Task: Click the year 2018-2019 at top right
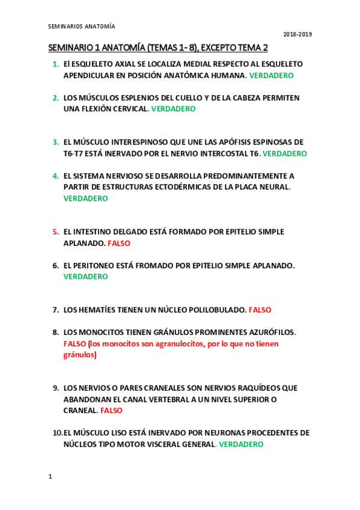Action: click(297, 34)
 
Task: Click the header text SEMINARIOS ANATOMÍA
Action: click(81, 26)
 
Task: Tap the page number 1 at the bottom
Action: click(50, 476)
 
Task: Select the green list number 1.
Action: click(55, 64)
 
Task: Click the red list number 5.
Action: click(55, 232)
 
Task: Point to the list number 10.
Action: click(57, 433)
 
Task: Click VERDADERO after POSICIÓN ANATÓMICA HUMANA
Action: click(271, 76)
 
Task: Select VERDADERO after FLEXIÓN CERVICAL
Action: click(173, 109)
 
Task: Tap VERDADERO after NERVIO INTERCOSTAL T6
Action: click(284, 154)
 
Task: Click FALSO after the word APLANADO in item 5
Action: click(118, 244)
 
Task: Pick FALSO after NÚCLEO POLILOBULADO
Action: click(260, 310)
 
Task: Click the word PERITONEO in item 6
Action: click(96, 266)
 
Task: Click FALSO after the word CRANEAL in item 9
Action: click(111, 411)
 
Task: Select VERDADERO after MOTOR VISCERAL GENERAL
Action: click(240, 444)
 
